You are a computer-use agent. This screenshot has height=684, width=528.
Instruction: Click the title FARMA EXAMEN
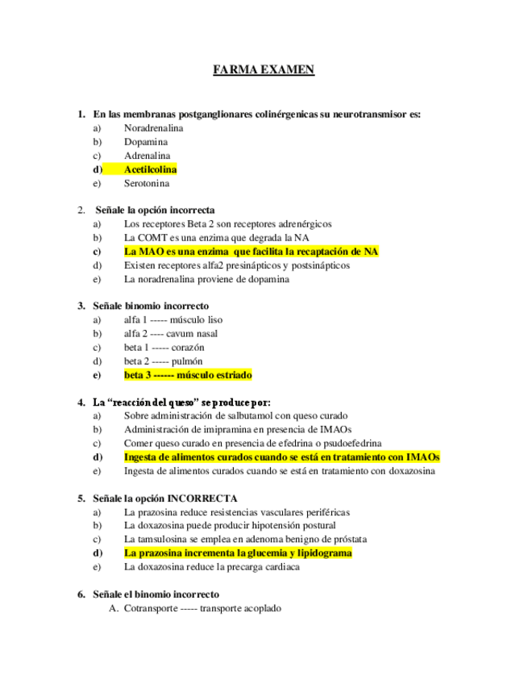click(x=264, y=70)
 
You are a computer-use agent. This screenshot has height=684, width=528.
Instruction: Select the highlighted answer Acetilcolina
click(x=150, y=169)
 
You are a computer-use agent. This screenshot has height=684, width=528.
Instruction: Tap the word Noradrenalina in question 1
click(x=153, y=127)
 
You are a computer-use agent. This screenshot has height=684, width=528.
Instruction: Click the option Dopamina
click(x=146, y=141)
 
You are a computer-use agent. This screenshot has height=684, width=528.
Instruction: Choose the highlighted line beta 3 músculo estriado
click(x=188, y=375)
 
